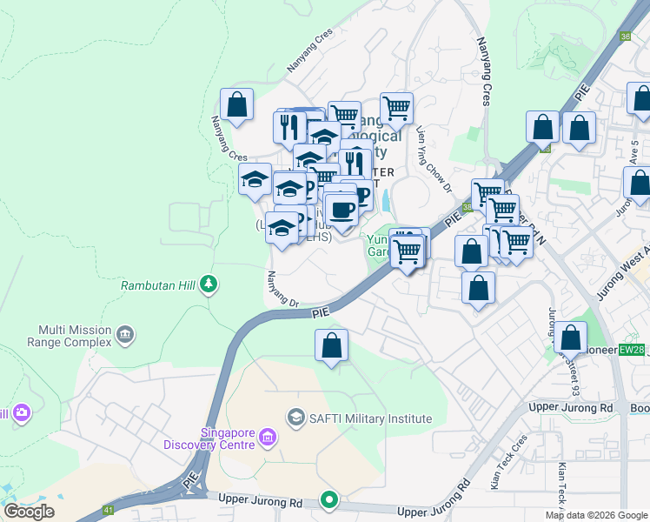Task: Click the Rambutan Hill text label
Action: coord(156,284)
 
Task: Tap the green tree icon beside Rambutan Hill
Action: coord(208,284)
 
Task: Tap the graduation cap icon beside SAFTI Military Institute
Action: coord(297,418)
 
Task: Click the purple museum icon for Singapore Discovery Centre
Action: coord(268,436)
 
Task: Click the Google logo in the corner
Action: coord(30,511)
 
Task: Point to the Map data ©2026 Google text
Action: coord(596,515)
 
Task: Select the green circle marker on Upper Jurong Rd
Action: coord(328,499)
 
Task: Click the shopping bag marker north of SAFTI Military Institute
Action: coord(332,345)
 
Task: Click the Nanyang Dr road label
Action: coord(282,290)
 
